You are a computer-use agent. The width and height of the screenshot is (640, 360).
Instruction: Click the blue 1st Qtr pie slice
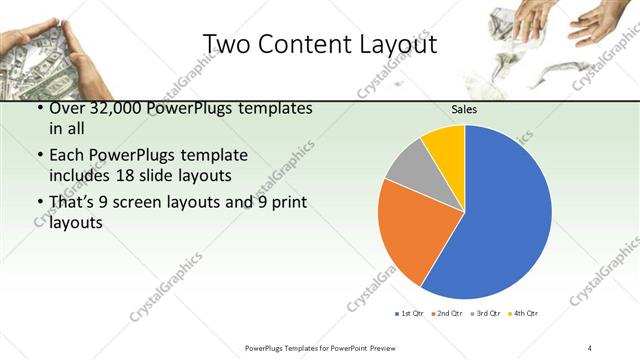point(500,215)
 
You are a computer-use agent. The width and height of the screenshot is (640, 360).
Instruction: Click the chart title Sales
point(464,109)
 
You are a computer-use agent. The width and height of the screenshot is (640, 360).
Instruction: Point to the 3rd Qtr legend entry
point(487,314)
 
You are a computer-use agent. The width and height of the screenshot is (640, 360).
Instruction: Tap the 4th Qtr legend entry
point(524,314)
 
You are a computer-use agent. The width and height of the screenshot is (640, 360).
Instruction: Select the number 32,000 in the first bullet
point(120,108)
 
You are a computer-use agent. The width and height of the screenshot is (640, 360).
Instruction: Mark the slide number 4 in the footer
point(589,348)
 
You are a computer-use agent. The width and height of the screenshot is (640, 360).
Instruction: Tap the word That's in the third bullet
point(73,204)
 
